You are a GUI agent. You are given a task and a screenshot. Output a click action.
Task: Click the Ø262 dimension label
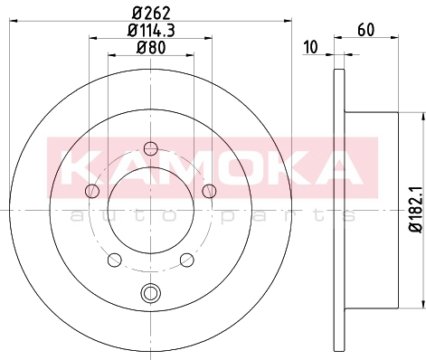pos(151,13)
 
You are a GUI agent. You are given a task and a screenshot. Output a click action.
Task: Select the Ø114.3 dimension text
pos(151,30)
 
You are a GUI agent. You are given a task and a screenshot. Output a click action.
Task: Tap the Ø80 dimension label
pos(151,47)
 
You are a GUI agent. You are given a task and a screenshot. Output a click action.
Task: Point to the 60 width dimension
pos(366,30)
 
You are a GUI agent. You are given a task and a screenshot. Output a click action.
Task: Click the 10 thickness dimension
pos(311,47)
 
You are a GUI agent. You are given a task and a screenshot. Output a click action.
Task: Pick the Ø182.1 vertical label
pos(416,210)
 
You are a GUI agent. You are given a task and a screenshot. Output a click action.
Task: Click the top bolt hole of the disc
pos(150,148)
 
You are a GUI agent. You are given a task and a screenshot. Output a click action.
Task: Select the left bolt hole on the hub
pos(92,191)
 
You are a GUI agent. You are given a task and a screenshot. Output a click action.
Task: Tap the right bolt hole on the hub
pos(209,191)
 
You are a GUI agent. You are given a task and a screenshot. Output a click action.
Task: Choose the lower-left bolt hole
pos(115,260)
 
